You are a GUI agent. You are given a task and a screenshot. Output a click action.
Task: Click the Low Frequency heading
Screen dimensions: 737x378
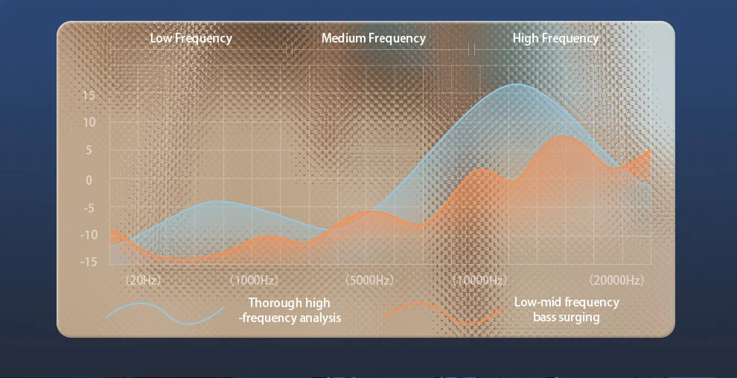pos(191,38)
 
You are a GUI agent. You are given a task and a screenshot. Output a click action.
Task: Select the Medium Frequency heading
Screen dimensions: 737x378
pos(374,38)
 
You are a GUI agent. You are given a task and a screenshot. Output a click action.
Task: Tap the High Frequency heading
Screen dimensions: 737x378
pos(555,38)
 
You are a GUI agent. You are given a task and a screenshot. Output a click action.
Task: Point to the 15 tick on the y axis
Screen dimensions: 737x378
pos(89,96)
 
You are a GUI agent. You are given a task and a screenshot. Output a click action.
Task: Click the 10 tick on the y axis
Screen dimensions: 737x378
pos(89,122)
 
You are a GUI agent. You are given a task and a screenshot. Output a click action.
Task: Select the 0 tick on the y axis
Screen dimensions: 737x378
pos(89,180)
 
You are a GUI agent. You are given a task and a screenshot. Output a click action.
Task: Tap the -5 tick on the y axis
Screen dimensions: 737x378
pos(89,207)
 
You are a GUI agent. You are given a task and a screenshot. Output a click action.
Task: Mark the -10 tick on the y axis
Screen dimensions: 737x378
pos(88,234)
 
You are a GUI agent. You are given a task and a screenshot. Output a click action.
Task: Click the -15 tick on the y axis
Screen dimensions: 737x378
pos(88,261)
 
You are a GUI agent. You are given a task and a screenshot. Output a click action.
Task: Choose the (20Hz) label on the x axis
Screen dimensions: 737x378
pos(144,280)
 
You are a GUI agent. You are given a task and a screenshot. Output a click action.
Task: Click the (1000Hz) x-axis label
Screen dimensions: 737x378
pos(254,280)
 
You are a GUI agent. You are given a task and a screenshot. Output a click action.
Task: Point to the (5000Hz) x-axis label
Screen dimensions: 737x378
pos(369,280)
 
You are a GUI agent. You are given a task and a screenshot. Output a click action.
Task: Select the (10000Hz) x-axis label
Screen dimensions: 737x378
pos(480,280)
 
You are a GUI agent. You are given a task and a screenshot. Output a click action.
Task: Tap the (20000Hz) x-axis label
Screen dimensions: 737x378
pos(616,280)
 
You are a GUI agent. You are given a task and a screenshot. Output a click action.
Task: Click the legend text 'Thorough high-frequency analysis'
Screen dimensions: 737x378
pos(290,310)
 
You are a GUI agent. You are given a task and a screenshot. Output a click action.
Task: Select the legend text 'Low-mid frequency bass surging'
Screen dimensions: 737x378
pos(567,309)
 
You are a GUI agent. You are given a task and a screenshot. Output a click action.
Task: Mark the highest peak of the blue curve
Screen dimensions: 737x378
pos(516,84)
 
